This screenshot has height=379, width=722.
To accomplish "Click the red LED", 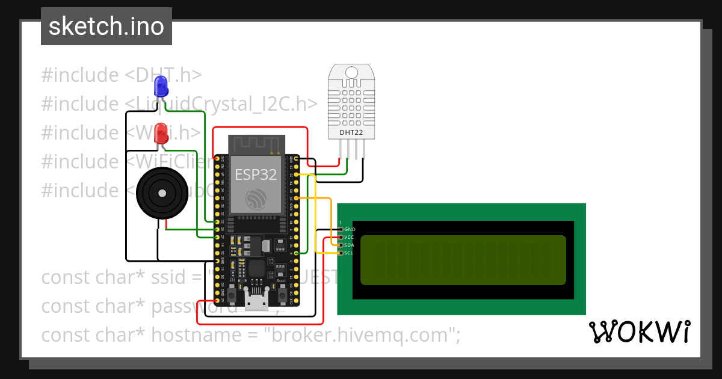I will pos(161,132).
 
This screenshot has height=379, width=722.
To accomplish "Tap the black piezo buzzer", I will pos(161,193).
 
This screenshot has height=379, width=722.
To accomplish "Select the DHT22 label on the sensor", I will pos(351,131).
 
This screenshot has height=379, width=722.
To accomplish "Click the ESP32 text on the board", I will pos(256,175).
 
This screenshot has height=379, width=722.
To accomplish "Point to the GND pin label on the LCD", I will pos(350,229).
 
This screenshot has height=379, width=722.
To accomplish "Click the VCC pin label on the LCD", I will pos(350,237).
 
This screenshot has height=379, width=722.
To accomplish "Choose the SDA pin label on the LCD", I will pos(350,245).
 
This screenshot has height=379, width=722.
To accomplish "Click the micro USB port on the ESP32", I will pos(256,301).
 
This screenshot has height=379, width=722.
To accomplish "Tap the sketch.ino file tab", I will pos(106,26).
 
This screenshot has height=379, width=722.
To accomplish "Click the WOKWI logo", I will pos(639,331).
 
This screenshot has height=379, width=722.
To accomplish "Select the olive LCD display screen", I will pos(463,260).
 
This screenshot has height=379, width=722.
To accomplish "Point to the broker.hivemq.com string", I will pos(359,334).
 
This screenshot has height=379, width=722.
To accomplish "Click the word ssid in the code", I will pos(169,278).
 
